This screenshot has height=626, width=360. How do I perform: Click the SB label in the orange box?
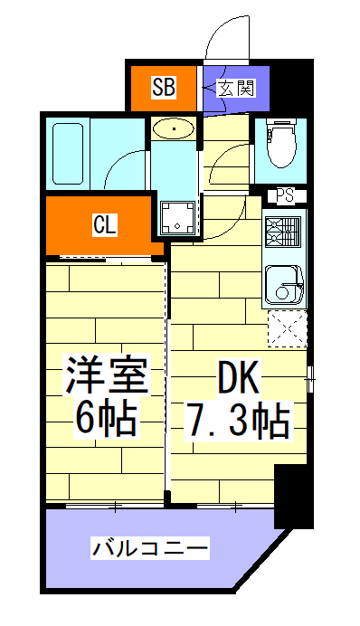(163, 89)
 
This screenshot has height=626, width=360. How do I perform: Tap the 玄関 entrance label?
(236, 89)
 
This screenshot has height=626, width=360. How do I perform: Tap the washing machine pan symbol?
(178, 216)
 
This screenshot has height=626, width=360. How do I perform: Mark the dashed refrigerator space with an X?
(287, 327)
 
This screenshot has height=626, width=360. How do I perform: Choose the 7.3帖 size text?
(237, 419)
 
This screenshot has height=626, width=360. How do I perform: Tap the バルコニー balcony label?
(149, 548)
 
